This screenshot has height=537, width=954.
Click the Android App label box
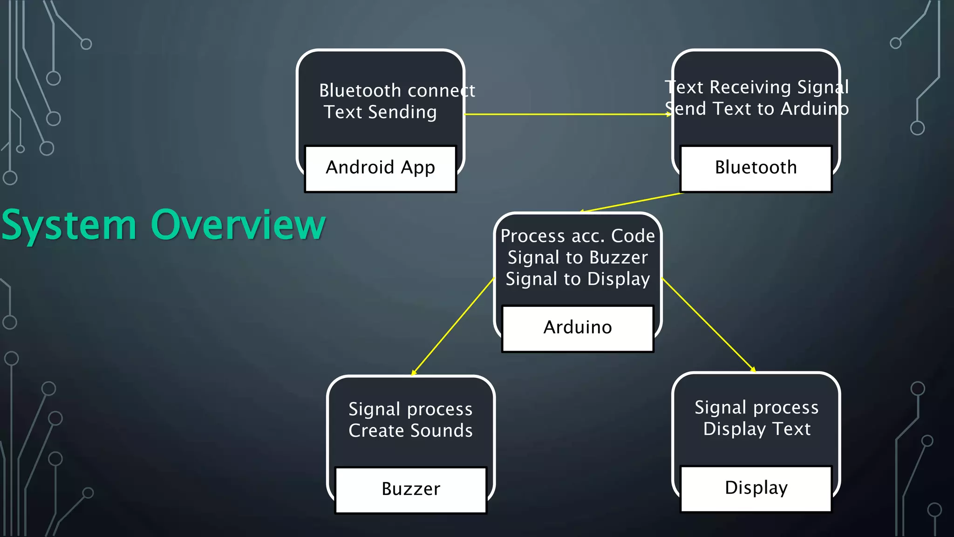(380, 168)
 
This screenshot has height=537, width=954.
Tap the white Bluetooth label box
(756, 168)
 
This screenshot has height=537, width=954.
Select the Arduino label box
(578, 328)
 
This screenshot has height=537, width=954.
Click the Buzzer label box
(410, 490)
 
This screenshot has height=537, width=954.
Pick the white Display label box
(756, 489)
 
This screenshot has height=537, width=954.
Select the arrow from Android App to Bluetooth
(567, 114)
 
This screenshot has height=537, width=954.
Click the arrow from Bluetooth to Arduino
(631, 202)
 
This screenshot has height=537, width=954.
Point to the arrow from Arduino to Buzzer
(453, 326)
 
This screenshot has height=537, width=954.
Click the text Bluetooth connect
(397, 90)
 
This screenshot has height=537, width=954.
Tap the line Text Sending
(380, 112)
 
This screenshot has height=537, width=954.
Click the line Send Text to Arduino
(756, 109)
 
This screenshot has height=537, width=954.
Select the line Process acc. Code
(578, 236)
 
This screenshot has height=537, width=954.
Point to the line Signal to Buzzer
(578, 258)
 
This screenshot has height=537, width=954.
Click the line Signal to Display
(578, 279)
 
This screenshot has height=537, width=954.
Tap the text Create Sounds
(410, 431)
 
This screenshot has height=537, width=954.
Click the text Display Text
(756, 429)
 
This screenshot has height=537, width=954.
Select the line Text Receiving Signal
(756, 88)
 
